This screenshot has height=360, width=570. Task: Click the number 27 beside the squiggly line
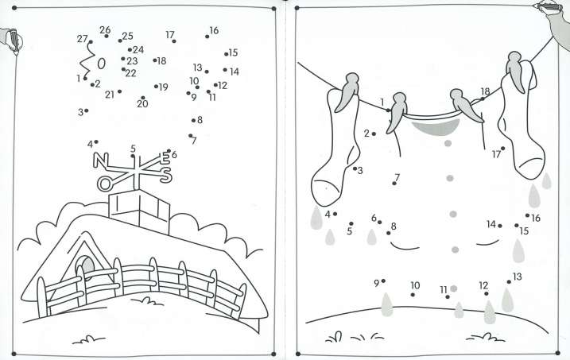coord(82,38)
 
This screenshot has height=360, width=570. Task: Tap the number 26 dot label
coord(105,29)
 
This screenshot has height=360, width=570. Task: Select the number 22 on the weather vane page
coord(131,73)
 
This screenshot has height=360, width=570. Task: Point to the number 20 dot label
coord(142,104)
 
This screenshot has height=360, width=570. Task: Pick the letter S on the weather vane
coord(166,174)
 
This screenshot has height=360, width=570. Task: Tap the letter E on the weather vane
coord(164,158)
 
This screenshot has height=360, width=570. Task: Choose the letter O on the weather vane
coord(104,184)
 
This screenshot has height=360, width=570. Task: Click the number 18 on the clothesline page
coord(485,91)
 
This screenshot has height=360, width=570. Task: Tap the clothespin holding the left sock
coord(347,92)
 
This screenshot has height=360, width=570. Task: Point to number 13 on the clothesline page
coord(518,277)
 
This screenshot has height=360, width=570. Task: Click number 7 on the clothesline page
coord(397,178)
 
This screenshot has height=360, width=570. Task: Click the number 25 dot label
coord(128,36)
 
